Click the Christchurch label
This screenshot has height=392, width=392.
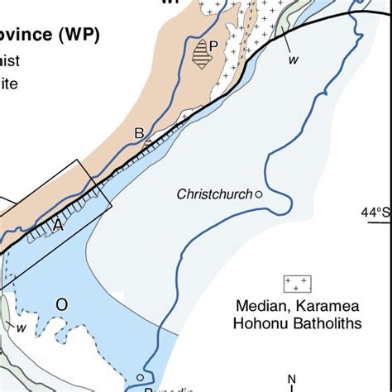214,194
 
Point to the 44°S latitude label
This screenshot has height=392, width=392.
375,213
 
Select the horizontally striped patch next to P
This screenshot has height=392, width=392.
199,55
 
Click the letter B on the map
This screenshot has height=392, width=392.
139,133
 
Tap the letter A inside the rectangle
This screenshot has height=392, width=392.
58,225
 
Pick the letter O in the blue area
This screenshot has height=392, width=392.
61,304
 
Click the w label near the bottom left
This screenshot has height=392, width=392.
22,327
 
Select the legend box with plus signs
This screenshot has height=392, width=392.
297,284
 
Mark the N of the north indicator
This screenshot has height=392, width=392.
292,380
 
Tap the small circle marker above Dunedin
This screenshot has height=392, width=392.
140,378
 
